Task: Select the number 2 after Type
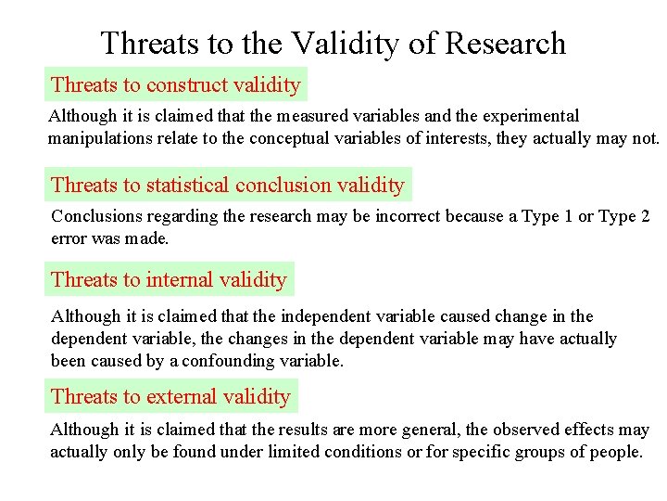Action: pyautogui.click(x=644, y=216)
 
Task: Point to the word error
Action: pyautogui.click(x=70, y=238)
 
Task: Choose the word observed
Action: pyautogui.click(x=533, y=430)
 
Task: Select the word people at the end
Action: pyautogui.click(x=615, y=453)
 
